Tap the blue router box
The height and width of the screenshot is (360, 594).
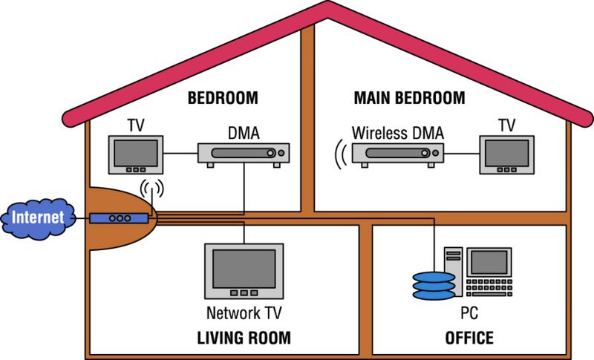pyautogui.click(x=119, y=218)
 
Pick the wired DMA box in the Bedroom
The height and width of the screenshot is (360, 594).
pyautogui.click(x=244, y=153)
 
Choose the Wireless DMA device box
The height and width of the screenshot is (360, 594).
pyautogui.click(x=397, y=153)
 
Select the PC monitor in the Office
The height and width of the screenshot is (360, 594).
pyautogui.click(x=488, y=261)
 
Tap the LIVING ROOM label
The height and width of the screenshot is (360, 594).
pyautogui.click(x=244, y=338)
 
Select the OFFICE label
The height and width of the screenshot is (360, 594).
pyautogui.click(x=469, y=338)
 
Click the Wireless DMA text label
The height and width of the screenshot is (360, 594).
pyautogui.click(x=397, y=134)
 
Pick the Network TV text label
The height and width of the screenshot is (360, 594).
pyautogui.click(x=244, y=313)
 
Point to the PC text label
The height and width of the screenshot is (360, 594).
pyautogui.click(x=469, y=313)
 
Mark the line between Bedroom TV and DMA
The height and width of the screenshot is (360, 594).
pyautogui.click(x=179, y=154)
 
